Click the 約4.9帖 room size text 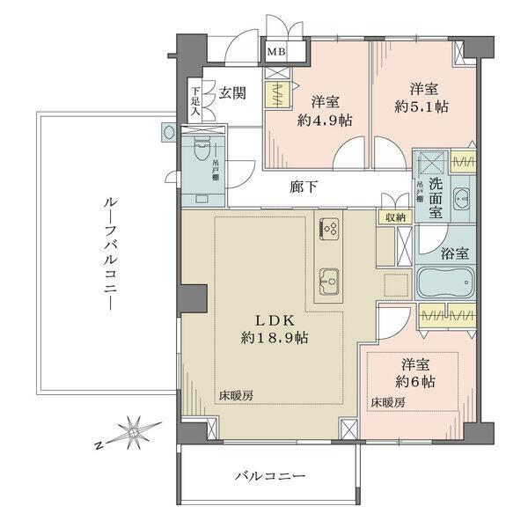[319, 121]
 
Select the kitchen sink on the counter [328, 280]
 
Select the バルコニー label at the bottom [269, 476]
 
